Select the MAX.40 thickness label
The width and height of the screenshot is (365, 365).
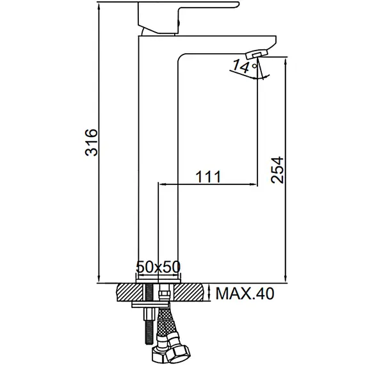[x=244, y=294]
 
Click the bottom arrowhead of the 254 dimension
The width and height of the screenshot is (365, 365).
[x=285, y=279]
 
